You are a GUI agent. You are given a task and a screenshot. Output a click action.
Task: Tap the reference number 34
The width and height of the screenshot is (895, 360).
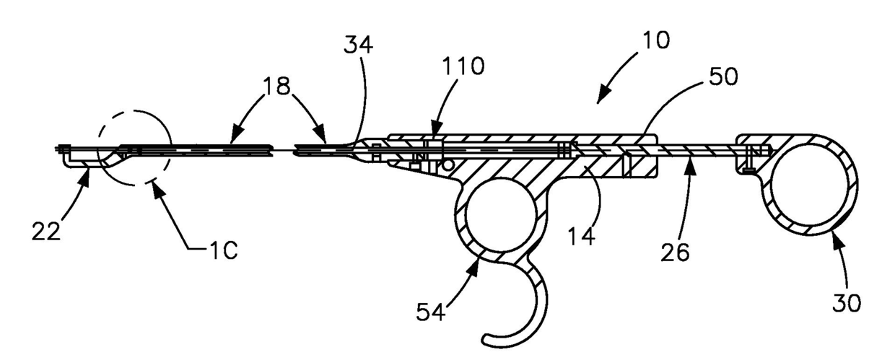pyautogui.click(x=358, y=46)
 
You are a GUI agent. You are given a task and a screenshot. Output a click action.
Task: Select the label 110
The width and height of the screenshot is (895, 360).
pyautogui.click(x=463, y=67)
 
